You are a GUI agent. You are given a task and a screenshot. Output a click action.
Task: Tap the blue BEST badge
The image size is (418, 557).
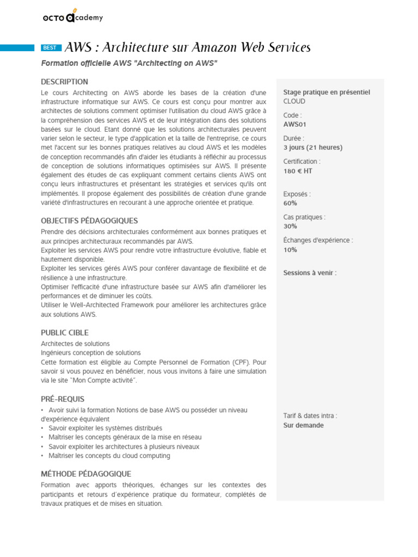tap(50, 48)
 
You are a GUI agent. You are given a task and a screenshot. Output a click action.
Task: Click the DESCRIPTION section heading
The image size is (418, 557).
tap(64, 82)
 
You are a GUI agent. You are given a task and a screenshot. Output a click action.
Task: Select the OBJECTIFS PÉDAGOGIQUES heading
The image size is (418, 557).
tap(89, 221)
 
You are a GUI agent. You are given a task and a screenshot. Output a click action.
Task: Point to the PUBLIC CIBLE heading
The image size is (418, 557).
tap(64, 332)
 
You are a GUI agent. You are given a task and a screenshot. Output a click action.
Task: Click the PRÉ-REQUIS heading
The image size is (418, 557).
tap(63, 399)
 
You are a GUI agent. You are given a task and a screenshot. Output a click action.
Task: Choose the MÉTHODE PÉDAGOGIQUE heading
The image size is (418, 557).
tap(86, 474)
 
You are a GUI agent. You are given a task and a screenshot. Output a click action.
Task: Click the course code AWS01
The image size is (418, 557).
tap(295, 124)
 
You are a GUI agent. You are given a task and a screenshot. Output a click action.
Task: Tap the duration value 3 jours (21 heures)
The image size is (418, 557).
tap(313, 147)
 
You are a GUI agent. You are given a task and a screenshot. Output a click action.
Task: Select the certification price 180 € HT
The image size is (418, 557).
tap(298, 171)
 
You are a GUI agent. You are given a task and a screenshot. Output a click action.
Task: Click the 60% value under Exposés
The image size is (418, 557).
tap(290, 203)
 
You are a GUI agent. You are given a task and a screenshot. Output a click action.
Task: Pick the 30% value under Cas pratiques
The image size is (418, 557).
tap(290, 226)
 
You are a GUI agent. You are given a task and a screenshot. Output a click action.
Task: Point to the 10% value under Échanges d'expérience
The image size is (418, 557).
tap(290, 250)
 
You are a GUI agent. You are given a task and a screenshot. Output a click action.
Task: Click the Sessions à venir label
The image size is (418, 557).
tap(310, 273)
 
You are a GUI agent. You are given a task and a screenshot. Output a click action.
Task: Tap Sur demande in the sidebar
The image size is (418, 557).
tap(303, 425)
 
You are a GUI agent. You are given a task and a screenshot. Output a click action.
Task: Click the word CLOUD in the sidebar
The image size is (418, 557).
tap(294, 101)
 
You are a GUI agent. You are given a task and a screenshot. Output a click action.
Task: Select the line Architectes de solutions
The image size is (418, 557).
tap(75, 344)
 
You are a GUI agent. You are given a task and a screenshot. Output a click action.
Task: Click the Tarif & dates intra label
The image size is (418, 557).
tap(310, 416)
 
